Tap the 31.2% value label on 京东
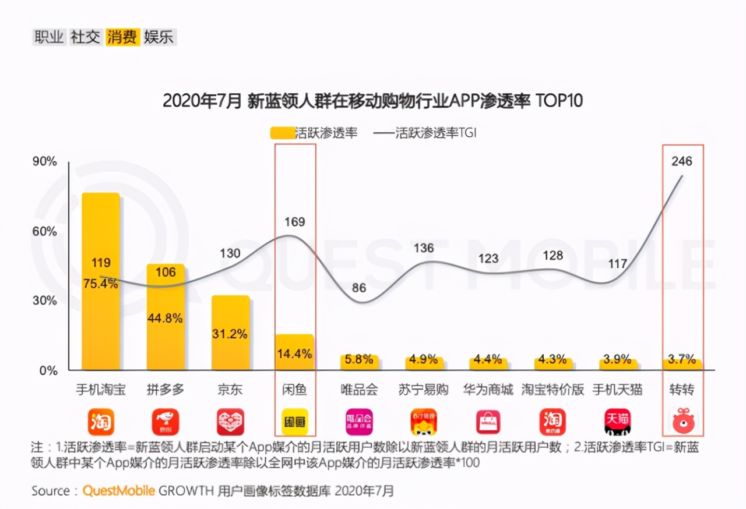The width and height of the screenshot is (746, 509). point(230,334)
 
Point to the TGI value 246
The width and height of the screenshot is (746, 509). point(681,161)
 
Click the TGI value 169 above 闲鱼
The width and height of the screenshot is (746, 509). point(295,222)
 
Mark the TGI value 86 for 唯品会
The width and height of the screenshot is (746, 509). point(360,287)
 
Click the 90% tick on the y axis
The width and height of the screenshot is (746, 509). point(44,162)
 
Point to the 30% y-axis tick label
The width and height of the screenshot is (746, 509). point(44,301)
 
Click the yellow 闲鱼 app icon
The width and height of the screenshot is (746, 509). point(295,422)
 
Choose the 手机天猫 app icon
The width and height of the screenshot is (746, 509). point(617,422)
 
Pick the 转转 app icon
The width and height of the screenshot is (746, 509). point(682,422)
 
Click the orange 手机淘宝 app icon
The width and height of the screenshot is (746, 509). point(101,422)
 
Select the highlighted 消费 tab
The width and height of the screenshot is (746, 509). point(122,37)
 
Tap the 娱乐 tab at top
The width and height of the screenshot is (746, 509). point(159,37)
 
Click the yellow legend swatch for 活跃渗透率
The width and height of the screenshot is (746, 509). point(282,133)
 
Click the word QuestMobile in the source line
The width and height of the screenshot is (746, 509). point(119,491)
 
